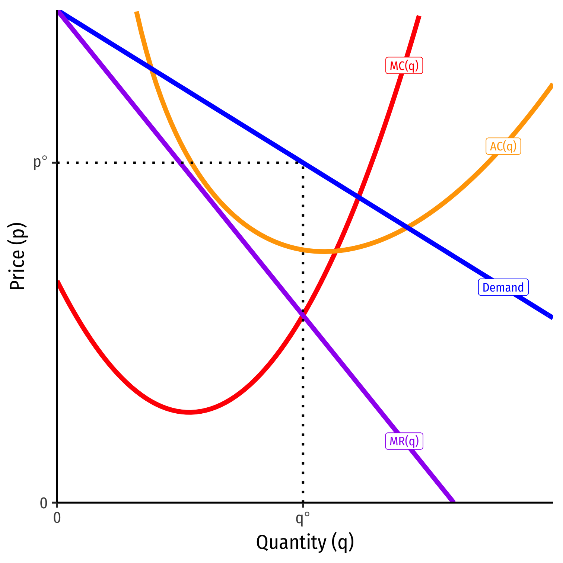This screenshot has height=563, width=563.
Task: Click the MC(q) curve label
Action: [x=404, y=66]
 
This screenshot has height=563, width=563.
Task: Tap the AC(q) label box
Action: [x=503, y=146]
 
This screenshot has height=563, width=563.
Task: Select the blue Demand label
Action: [x=503, y=287]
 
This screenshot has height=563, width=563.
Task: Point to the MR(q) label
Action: [x=404, y=441]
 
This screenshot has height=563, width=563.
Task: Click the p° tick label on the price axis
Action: [x=41, y=162]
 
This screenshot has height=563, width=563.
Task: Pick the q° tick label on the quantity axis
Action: [x=302, y=518]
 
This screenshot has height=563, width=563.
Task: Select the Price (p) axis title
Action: [x=17, y=257]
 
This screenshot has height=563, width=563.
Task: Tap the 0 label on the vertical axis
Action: [x=44, y=503]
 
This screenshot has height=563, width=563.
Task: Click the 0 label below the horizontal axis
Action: [x=57, y=518]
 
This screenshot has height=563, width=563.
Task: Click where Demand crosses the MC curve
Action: [x=358, y=196]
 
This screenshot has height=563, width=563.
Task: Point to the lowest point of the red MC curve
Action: [x=190, y=412]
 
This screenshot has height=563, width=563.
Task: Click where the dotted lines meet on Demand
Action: [x=303, y=163]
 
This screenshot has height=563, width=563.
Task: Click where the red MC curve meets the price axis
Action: [x=58, y=281]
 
